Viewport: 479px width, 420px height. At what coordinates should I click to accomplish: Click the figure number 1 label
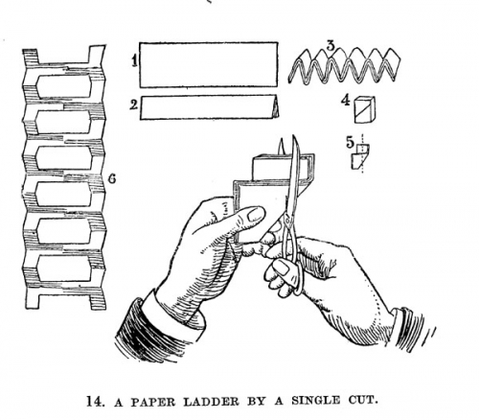(x=135, y=60)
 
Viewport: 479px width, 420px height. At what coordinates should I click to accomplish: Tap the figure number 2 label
(x=134, y=105)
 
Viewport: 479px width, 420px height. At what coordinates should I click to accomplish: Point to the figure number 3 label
(x=331, y=45)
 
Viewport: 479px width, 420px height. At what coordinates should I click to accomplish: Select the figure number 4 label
(x=345, y=101)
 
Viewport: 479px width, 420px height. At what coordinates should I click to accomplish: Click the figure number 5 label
(x=351, y=142)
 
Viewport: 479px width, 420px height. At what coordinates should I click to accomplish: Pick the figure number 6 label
(x=112, y=178)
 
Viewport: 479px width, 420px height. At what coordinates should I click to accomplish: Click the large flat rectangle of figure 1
(x=209, y=64)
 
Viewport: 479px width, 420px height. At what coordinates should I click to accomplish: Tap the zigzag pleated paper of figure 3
(x=344, y=66)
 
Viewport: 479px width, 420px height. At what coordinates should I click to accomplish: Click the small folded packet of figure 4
(x=365, y=109)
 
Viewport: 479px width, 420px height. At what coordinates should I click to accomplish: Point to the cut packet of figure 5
(x=360, y=156)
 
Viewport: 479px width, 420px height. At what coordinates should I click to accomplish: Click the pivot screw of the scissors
(x=287, y=220)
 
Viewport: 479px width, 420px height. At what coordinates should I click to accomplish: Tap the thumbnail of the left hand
(x=256, y=215)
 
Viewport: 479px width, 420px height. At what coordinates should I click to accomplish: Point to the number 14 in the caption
(x=95, y=401)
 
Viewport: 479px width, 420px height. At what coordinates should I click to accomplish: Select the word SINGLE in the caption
(x=315, y=401)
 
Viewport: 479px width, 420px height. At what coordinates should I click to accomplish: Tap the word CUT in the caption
(x=361, y=401)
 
